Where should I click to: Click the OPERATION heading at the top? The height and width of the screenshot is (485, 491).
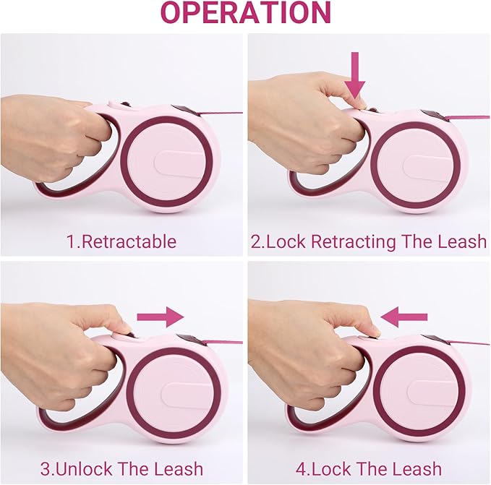click(246, 12)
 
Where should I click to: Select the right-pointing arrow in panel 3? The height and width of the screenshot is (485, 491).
click(161, 317)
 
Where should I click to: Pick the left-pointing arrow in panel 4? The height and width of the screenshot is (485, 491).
click(404, 317)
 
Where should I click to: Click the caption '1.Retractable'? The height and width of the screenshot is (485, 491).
click(121, 241)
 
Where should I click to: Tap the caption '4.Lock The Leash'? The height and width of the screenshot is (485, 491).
click(369, 468)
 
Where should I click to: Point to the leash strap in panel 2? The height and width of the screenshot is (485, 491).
click(468, 119)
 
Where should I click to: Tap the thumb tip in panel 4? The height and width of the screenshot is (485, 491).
click(376, 332)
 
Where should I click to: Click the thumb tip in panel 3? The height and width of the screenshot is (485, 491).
click(128, 329)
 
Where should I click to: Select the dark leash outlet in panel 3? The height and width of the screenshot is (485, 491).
click(189, 340)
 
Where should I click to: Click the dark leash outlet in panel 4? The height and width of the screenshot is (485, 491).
click(436, 340)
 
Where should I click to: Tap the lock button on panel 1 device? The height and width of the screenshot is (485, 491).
click(125, 104)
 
